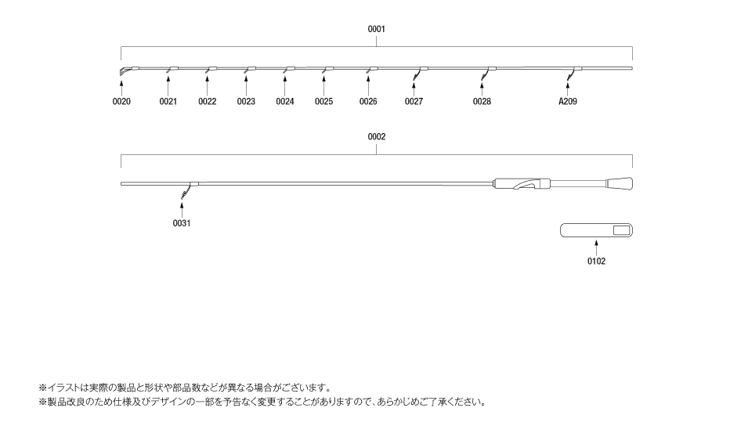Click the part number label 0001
click(376, 29)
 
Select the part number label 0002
click(376, 137)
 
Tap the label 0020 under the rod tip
click(121, 102)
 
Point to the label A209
click(568, 102)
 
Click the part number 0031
click(181, 223)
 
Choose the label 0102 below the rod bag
click(596, 262)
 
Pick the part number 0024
click(285, 102)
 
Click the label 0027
click(414, 102)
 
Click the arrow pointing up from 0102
click(596, 248)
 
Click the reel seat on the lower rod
click(522, 184)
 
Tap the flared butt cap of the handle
click(620, 184)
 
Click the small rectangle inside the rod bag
click(621, 230)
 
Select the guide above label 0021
click(172, 70)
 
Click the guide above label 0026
click(371, 70)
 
